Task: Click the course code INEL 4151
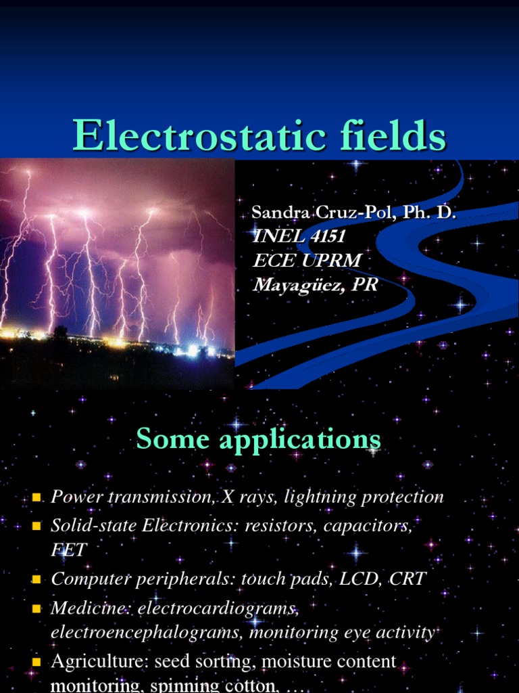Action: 298,236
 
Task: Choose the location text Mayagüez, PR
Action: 315,285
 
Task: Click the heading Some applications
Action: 259,440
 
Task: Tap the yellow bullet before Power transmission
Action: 37,498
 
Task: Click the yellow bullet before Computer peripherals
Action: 37,580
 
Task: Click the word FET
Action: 69,550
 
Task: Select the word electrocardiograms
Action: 218,608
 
